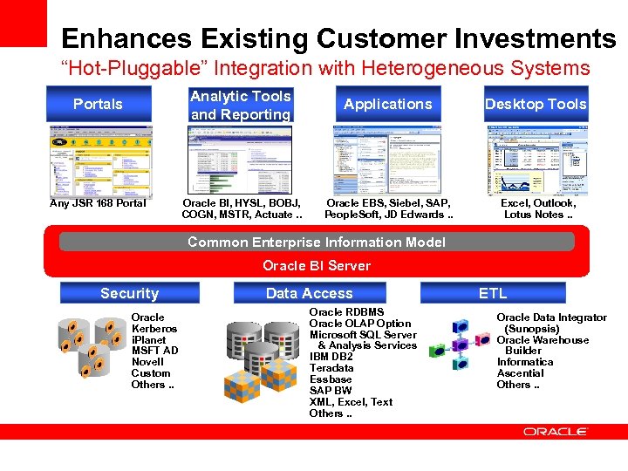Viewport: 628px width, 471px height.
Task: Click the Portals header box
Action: click(x=98, y=104)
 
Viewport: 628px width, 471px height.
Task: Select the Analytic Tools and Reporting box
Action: click(x=240, y=105)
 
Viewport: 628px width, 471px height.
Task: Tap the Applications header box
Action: click(x=387, y=104)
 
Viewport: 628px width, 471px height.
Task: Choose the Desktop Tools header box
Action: click(x=536, y=104)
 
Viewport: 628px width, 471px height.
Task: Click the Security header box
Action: click(x=129, y=294)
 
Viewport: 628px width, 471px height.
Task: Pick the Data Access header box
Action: click(x=309, y=294)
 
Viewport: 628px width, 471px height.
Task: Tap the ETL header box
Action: click(x=492, y=294)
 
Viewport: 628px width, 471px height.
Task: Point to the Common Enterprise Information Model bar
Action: click(x=317, y=242)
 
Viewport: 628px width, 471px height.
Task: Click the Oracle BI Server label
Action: click(x=317, y=265)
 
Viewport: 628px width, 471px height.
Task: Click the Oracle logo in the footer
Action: click(x=556, y=432)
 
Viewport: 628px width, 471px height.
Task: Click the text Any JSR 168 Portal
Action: click(x=98, y=204)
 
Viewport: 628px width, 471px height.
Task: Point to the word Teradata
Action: click(x=331, y=368)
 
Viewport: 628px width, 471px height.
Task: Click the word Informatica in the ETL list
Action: click(x=525, y=362)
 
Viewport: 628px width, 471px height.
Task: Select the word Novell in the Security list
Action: click(x=147, y=362)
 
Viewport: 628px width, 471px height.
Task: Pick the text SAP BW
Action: click(x=331, y=391)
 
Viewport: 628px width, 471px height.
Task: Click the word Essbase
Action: click(x=331, y=379)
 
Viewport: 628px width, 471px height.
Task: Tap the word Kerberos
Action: click(x=154, y=329)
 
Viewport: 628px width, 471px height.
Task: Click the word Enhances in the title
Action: click(x=127, y=39)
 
